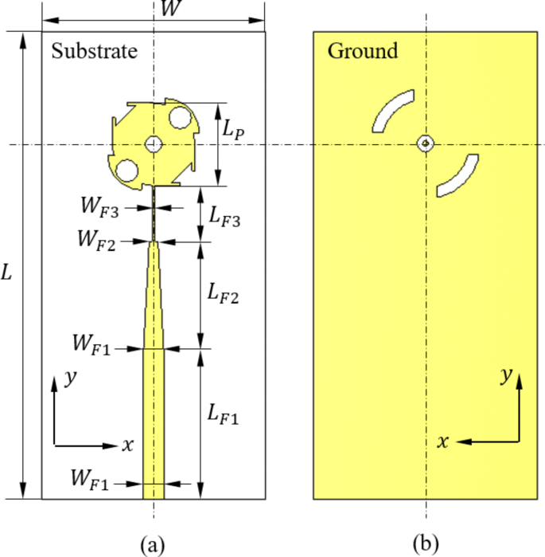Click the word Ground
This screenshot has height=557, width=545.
362,51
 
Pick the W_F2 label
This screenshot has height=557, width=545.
97,238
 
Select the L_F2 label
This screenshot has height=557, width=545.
223,295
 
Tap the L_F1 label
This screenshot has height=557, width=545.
222,414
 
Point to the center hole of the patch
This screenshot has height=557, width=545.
154,143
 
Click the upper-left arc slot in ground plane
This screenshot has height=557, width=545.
392,109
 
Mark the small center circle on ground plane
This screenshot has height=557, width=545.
426,143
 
